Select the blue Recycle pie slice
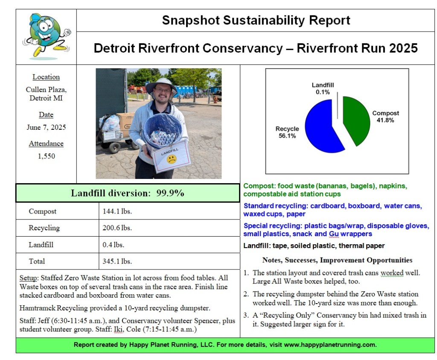[322, 128]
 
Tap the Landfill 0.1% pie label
[323, 88]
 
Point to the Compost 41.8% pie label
[385, 117]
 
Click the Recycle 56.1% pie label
[287, 132]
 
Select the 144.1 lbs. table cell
[117, 211]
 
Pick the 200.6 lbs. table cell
[117, 228]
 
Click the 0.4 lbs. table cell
[114, 245]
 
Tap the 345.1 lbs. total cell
[117, 261]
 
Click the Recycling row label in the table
[44, 228]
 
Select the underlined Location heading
[46, 77]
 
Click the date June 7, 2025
[46, 127]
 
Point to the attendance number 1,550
[46, 156]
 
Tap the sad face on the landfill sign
[172, 159]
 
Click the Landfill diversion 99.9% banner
[128, 193]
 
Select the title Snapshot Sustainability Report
[256, 20]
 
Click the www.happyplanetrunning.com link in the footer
[330, 345]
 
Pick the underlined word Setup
[28, 278]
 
